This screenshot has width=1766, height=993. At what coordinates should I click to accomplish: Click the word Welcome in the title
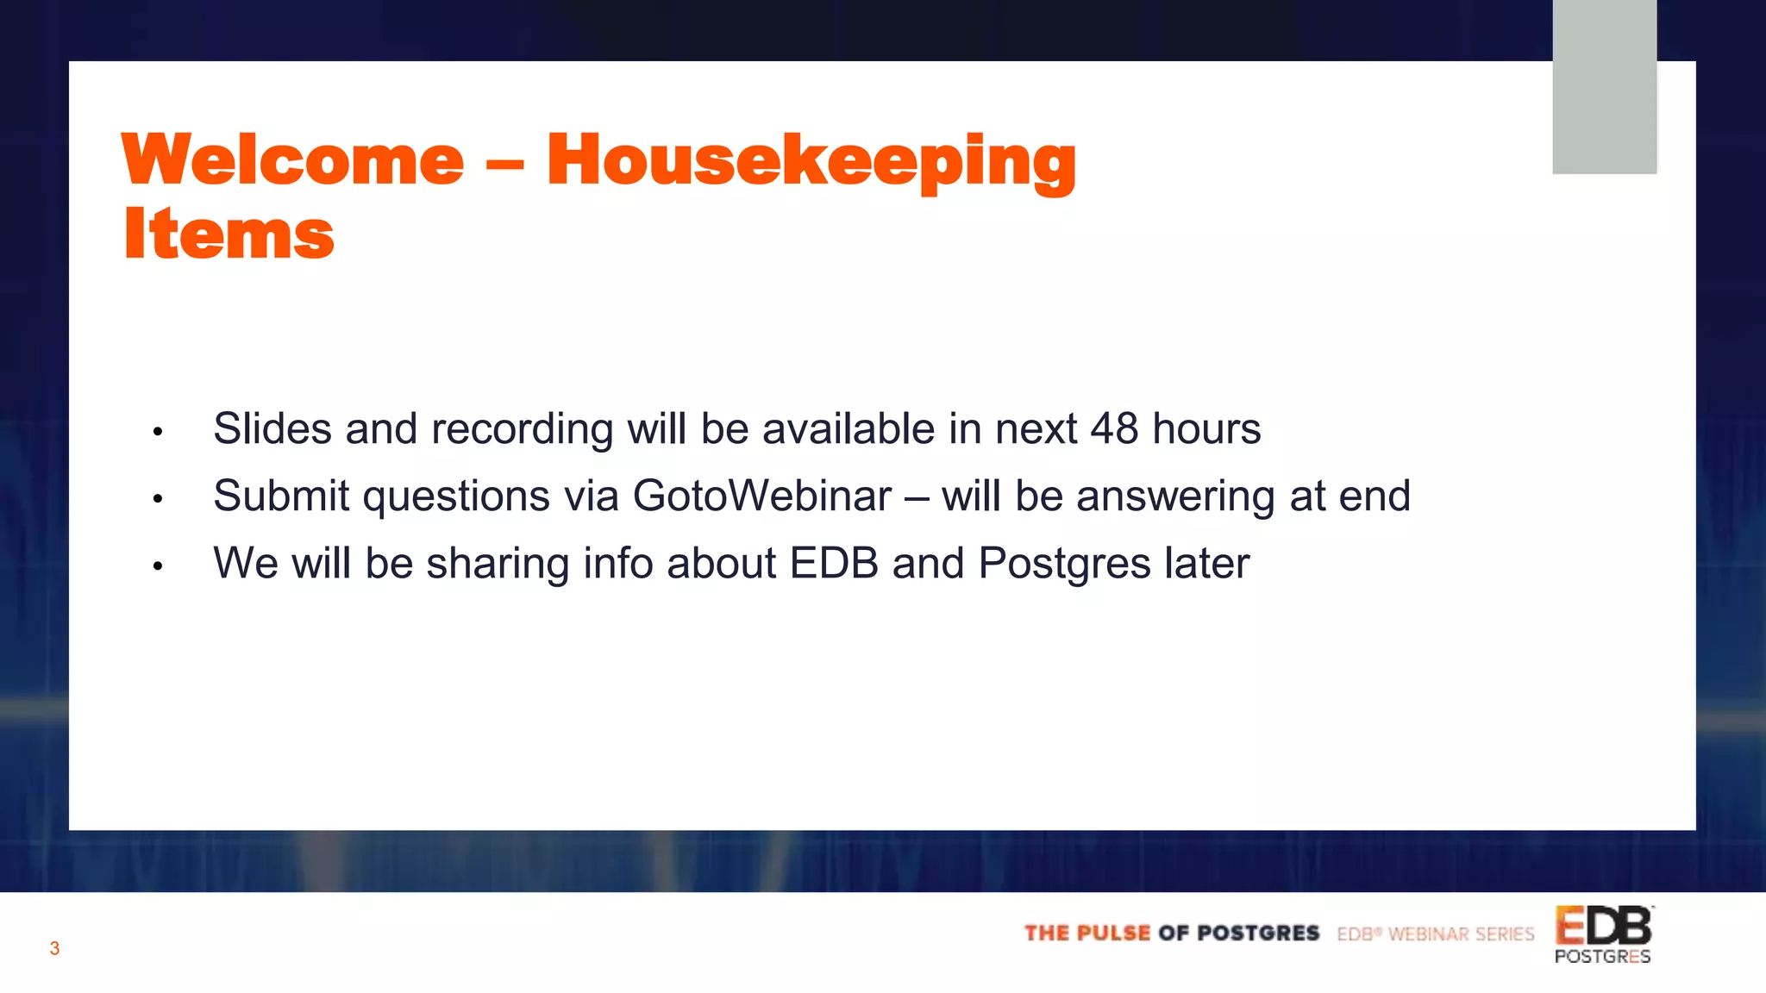(x=293, y=160)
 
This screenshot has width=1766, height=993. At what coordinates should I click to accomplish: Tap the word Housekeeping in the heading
(x=811, y=162)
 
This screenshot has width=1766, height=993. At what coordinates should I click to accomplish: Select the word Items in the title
(x=229, y=234)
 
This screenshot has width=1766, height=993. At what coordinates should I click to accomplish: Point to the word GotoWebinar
(x=762, y=496)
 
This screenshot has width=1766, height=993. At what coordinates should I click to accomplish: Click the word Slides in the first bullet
(x=272, y=428)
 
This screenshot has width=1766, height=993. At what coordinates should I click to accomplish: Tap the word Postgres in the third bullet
(x=1065, y=564)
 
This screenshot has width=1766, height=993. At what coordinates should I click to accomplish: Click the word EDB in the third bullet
(x=834, y=564)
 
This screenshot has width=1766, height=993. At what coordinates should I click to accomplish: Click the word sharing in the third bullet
(x=498, y=564)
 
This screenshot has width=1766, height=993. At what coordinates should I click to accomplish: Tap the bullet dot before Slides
(x=158, y=431)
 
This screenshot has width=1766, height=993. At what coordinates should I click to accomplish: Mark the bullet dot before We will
(x=158, y=566)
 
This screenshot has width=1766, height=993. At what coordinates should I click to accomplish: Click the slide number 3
(x=54, y=949)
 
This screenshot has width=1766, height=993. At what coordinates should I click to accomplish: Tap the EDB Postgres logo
(x=1603, y=934)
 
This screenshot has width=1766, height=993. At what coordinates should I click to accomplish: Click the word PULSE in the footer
(x=1112, y=934)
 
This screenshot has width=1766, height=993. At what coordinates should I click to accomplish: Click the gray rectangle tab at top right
(x=1604, y=86)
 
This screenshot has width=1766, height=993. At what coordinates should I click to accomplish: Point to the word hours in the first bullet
(x=1206, y=428)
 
